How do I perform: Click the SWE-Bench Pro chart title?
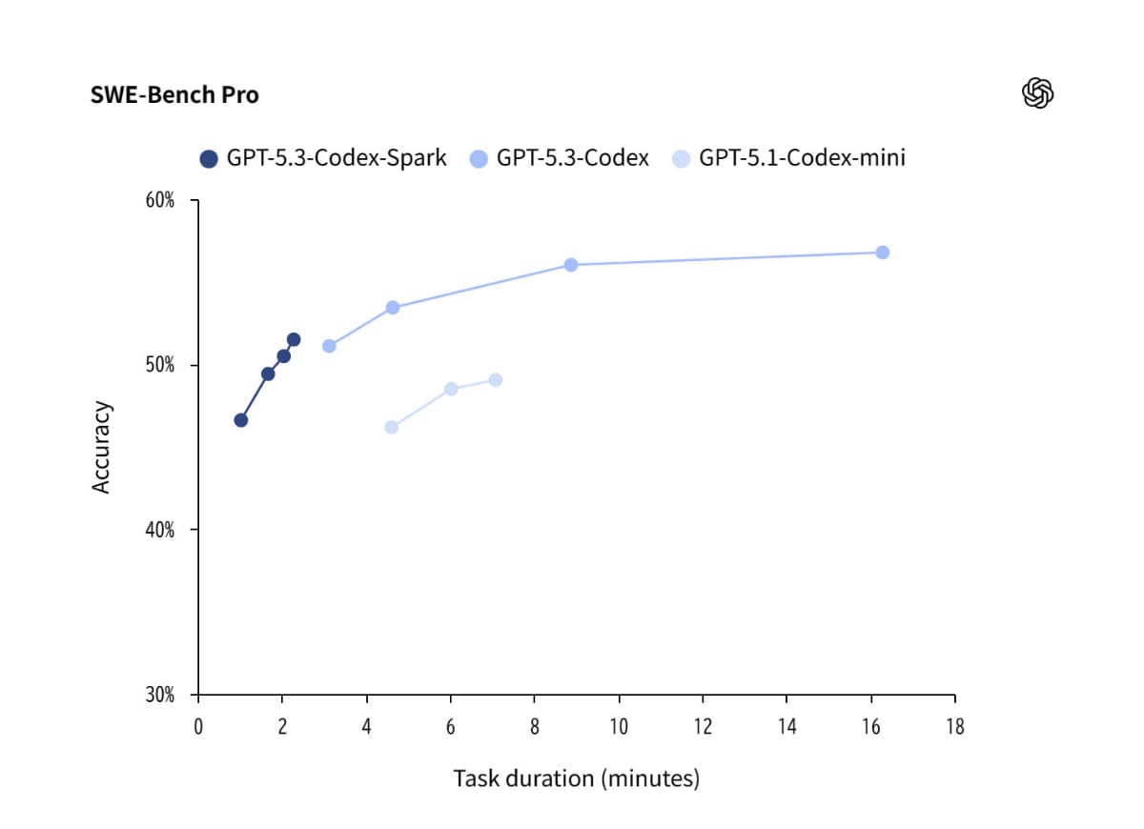click(x=174, y=95)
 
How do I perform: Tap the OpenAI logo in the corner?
click(x=1036, y=93)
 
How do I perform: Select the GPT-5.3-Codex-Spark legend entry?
click(x=323, y=158)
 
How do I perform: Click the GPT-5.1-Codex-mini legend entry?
click(x=789, y=158)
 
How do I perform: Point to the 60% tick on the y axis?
click(x=159, y=201)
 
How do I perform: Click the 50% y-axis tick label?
click(x=159, y=366)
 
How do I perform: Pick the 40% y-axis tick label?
click(x=159, y=530)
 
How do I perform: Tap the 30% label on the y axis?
click(x=159, y=695)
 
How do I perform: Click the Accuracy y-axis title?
click(x=102, y=448)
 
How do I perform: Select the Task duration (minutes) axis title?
click(x=576, y=778)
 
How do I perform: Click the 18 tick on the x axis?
click(x=954, y=727)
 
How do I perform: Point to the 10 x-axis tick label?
click(x=619, y=727)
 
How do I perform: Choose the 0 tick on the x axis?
click(x=198, y=727)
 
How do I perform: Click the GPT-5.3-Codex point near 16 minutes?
click(x=882, y=253)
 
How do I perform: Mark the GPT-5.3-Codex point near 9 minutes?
click(x=571, y=265)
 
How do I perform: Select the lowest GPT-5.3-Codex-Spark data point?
click(x=240, y=420)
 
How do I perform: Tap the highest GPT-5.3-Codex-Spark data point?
click(x=294, y=339)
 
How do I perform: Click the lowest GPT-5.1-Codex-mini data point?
click(x=391, y=427)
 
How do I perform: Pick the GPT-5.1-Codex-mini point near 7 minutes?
click(x=495, y=380)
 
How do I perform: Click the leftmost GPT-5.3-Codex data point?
click(x=329, y=346)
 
